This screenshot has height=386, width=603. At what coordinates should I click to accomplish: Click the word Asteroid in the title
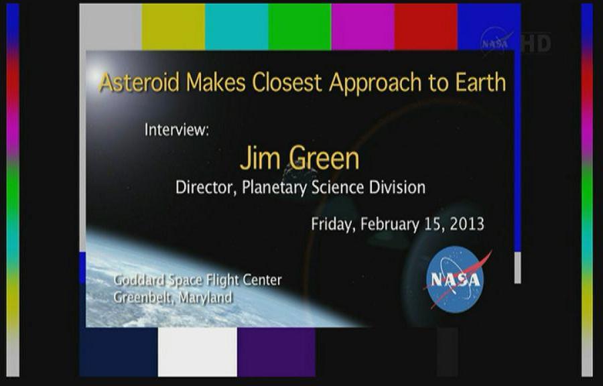[139, 82]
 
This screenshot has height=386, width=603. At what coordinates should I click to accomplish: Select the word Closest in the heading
[287, 82]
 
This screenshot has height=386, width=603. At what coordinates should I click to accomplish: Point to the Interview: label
[176, 129]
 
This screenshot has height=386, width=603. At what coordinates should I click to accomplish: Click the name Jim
[261, 157]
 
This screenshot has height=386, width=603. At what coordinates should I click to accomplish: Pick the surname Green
[324, 157]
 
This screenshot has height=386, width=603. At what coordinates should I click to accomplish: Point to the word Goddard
[139, 280]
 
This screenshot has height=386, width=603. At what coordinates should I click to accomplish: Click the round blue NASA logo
[456, 279]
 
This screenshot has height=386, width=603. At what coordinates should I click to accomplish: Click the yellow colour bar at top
[173, 27]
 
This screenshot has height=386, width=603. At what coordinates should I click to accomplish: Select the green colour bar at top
[299, 27]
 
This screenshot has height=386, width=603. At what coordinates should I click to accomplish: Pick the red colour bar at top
[425, 27]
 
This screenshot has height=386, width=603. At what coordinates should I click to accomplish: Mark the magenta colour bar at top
[362, 27]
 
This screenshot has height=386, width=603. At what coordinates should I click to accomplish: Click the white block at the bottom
[197, 352]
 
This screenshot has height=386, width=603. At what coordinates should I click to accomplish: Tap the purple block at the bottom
[277, 352]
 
